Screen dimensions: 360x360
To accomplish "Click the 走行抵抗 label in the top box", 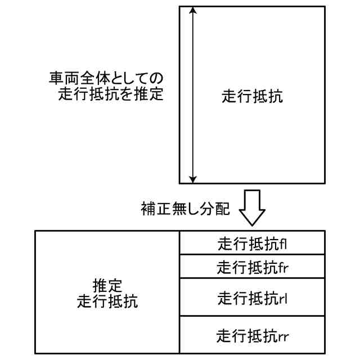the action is coord(252,96).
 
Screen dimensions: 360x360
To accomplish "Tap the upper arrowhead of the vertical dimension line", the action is coord(193,10).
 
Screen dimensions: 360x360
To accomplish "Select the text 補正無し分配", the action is coord(185,209).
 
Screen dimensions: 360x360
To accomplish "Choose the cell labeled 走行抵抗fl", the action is coord(252,244).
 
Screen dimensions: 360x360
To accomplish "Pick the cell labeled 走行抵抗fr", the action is coord(252,267).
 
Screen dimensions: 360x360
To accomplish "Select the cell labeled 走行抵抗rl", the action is coord(252,296).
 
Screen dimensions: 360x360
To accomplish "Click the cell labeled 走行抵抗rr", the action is coord(252,336).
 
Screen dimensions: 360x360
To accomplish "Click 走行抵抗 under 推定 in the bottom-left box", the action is coord(106,300).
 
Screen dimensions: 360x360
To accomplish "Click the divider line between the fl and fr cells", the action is coord(252,255).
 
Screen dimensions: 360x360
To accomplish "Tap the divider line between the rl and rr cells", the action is coord(252,316).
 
